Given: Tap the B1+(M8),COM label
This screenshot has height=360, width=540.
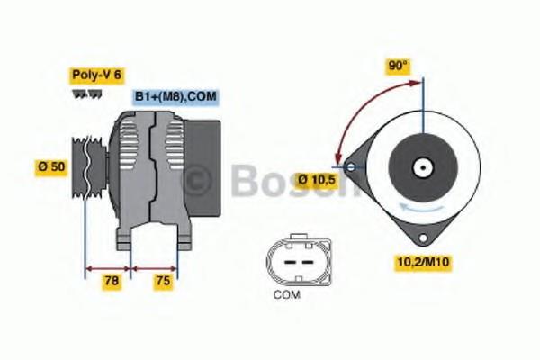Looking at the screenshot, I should tap(176, 96).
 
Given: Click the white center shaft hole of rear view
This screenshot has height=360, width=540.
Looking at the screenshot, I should tap(421, 166).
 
